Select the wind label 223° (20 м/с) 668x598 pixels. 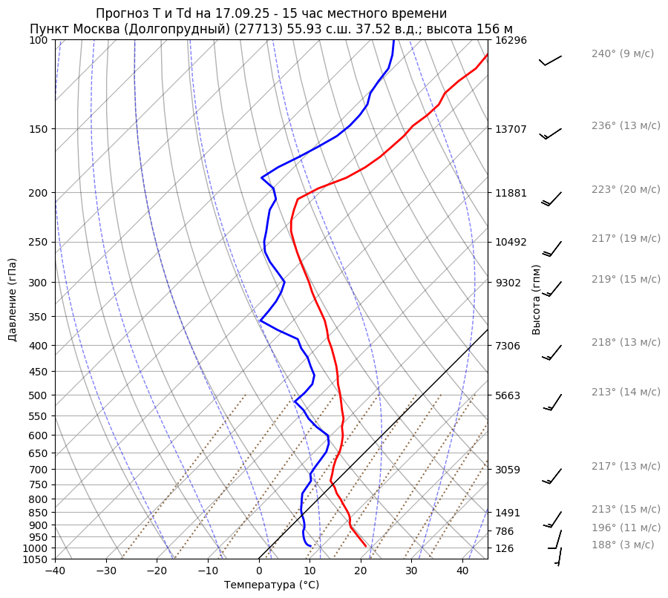point(626,190)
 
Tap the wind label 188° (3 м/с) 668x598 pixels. point(623,545)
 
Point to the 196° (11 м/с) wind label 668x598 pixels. point(626,528)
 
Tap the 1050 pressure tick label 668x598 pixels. point(37,559)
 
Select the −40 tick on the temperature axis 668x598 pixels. point(55,571)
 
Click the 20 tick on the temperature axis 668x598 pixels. point(361,571)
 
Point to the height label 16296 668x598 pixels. point(511,40)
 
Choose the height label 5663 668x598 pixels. point(508,395)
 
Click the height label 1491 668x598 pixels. point(508,513)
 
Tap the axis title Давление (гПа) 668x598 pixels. point(13,300)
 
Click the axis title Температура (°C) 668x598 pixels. point(272,585)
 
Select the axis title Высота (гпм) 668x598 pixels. point(537,300)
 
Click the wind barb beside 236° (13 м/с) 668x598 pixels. point(551,134)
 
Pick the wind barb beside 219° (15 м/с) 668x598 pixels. point(553,289)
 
